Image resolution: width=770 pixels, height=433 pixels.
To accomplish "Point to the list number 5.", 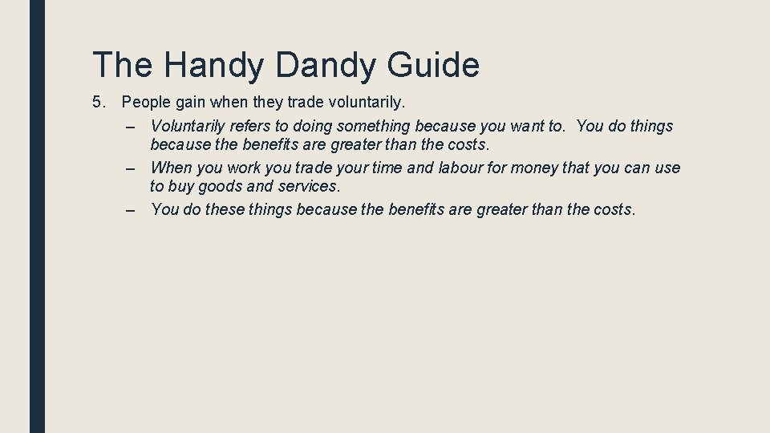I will pyautogui.click(x=99, y=103).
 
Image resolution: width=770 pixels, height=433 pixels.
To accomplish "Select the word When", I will pyautogui.click(x=171, y=168).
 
